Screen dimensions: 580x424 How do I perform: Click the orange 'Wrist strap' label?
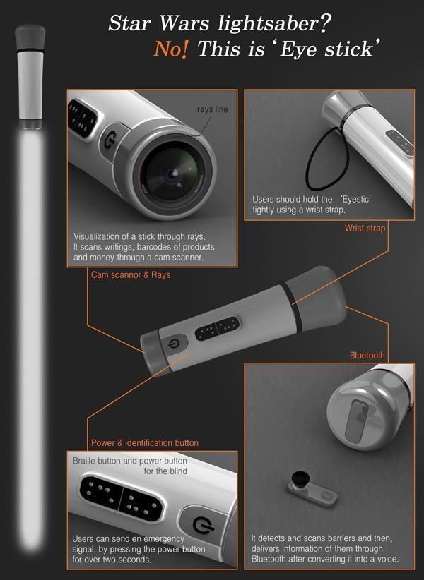(365, 228)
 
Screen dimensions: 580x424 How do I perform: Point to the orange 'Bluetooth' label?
(367, 356)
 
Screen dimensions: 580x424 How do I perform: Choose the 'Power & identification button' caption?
(145, 443)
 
